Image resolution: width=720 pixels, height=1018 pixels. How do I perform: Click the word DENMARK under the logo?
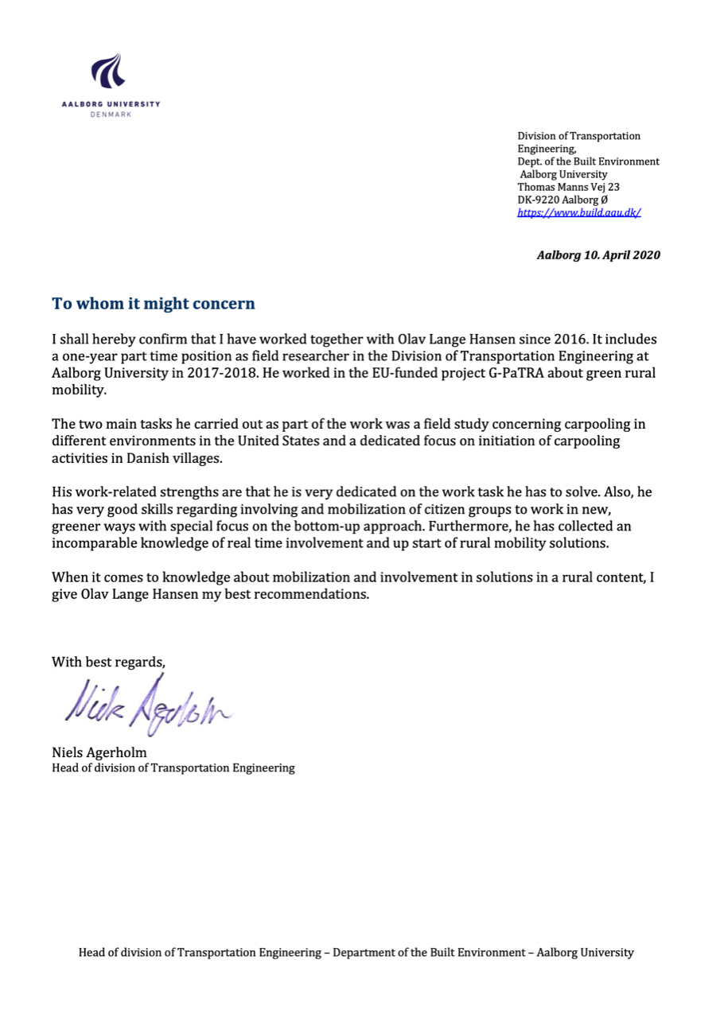coord(111,115)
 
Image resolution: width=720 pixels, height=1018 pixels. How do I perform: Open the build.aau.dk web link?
coord(579,212)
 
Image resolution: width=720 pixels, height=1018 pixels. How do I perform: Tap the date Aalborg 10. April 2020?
coord(598,255)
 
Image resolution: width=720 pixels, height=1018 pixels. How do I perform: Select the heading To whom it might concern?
coord(154,304)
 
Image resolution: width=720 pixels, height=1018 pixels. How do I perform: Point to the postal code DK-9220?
coord(539,200)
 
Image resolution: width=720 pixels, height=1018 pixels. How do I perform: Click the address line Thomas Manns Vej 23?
coord(568,187)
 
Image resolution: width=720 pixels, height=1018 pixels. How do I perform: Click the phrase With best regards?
coord(109,662)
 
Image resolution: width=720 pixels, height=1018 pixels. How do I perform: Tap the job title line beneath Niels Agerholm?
coord(173,767)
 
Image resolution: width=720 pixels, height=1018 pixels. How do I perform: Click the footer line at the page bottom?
coord(356,952)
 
